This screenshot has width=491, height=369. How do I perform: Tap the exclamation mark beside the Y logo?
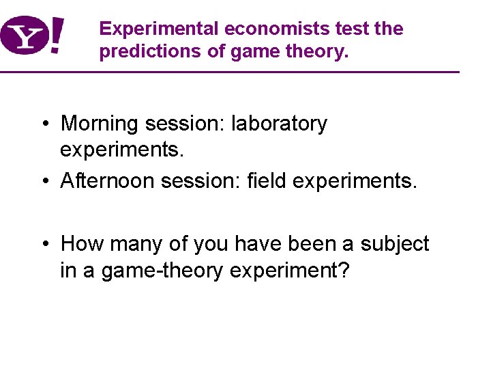59,36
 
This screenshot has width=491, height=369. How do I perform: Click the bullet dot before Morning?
43,124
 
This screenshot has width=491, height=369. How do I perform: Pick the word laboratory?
280,124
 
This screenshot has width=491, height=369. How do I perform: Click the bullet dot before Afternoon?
43,180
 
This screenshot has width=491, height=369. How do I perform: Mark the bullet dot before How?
43,244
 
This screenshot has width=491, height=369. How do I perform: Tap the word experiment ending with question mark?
290,271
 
